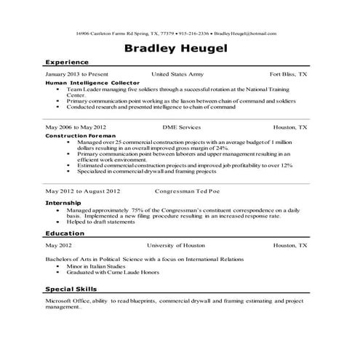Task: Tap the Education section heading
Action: (65, 233)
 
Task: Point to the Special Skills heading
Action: (73, 289)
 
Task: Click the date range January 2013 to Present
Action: (76, 74)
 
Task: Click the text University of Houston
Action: (177, 246)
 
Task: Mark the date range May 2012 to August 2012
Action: (82, 191)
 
